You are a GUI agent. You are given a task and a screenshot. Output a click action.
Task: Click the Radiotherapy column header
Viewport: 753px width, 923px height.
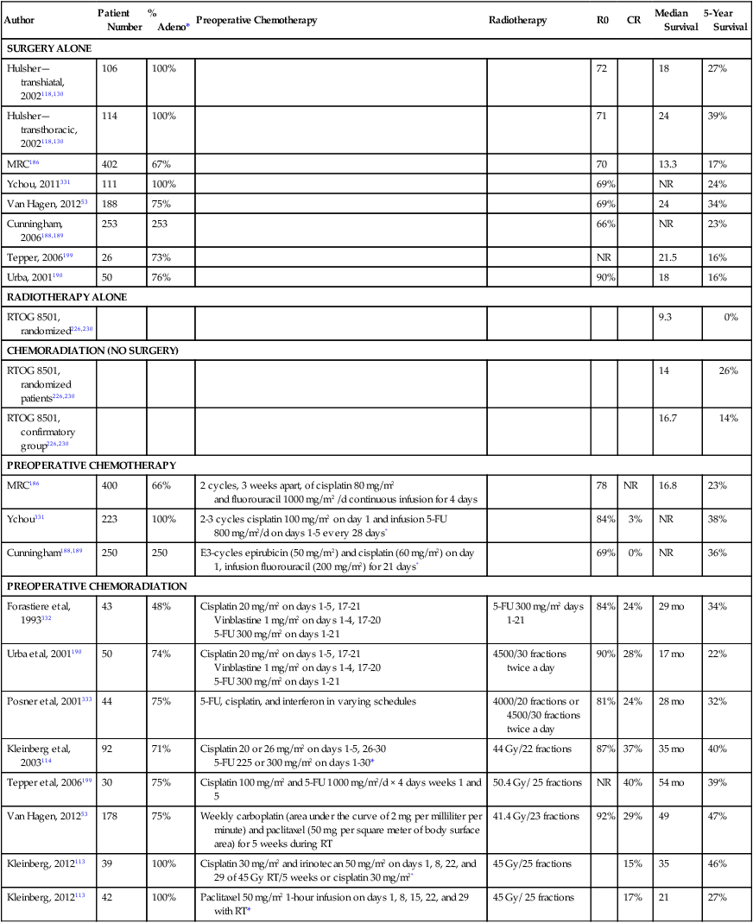[x=517, y=21]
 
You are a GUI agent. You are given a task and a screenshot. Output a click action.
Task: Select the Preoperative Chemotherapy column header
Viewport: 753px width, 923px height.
[x=256, y=21]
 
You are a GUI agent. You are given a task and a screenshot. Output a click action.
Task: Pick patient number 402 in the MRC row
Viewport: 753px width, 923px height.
[x=110, y=163]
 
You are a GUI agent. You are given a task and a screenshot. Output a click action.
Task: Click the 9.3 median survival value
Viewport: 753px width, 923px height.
[x=664, y=318]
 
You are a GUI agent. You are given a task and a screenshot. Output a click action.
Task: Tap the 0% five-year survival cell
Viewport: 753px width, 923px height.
[x=731, y=318]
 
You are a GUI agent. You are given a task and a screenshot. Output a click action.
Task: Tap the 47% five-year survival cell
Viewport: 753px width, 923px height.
[x=717, y=816]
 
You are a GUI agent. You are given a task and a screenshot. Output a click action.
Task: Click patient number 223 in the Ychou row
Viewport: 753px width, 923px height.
[x=110, y=520]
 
